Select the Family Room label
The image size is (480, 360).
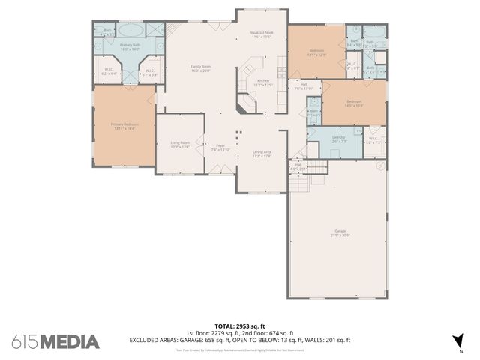[x=200, y=68]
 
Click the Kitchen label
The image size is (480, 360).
[x=263, y=82]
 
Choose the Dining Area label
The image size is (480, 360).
[x=261, y=154]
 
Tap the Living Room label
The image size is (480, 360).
[x=179, y=143]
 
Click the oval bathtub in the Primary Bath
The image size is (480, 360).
[x=131, y=31]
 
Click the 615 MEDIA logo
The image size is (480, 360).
[x=55, y=341]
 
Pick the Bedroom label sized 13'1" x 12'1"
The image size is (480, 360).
[x=316, y=52]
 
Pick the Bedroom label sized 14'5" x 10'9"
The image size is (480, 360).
[x=353, y=103]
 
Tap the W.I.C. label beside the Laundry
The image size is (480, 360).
[x=373, y=140]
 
